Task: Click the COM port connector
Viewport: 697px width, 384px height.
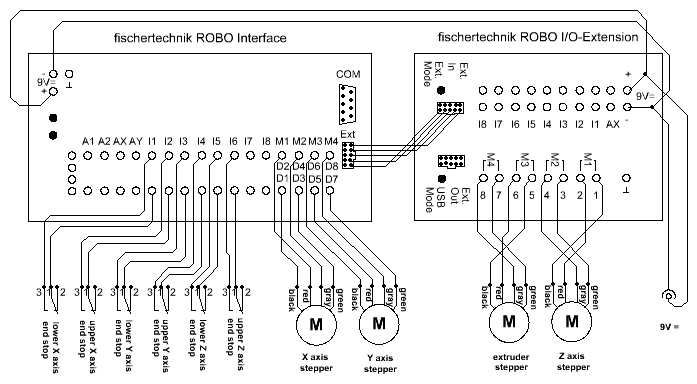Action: click(347, 104)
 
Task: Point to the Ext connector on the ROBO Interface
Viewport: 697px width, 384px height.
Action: click(348, 155)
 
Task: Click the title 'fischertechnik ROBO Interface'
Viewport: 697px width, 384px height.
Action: click(200, 38)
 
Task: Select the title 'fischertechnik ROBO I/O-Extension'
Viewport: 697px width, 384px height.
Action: click(538, 37)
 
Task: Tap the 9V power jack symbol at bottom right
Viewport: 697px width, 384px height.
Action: click(668, 296)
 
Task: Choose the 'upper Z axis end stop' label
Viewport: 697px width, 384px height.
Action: click(235, 344)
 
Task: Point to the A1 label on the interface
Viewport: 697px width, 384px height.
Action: click(88, 142)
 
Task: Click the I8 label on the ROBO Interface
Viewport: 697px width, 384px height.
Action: click(266, 142)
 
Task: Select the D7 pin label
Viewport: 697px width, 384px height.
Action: click(332, 180)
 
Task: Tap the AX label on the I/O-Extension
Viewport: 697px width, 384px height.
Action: click(613, 125)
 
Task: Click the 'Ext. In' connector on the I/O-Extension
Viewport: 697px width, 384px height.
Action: click(450, 108)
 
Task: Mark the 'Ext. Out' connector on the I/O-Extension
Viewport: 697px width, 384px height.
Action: click(451, 161)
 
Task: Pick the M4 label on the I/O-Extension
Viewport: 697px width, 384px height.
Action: click(491, 160)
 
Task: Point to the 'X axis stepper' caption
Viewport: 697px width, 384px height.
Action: click(316, 362)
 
